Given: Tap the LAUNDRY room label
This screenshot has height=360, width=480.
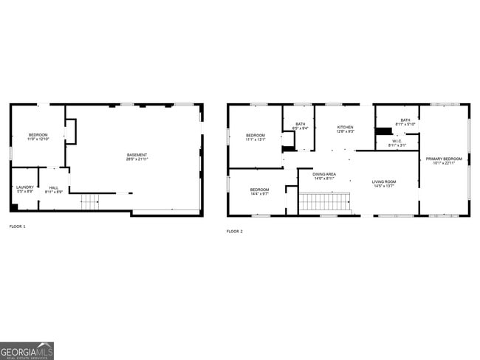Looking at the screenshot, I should [x=25, y=187].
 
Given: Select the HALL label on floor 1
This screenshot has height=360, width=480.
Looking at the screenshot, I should [x=54, y=187].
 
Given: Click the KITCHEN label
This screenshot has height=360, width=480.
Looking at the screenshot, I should [x=346, y=127].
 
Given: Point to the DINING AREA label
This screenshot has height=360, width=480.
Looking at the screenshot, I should [x=324, y=174].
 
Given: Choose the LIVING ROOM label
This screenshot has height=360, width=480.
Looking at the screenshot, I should [x=383, y=181].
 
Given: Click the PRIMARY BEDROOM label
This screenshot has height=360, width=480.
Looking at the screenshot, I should [x=443, y=159].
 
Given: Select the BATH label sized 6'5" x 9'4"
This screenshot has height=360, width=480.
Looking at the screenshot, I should [x=301, y=124].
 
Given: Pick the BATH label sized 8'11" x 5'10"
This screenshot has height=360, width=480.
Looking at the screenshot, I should [x=405, y=120].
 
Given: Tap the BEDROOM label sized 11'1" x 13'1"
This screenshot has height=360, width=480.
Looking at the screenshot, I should [x=256, y=135].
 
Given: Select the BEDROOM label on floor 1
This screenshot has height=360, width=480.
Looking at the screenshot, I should [x=38, y=135].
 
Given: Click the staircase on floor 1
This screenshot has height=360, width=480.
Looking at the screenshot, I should [x=89, y=201].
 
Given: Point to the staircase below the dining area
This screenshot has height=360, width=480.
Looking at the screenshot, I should [x=324, y=201].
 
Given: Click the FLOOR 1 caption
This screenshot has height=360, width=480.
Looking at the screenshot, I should [x=17, y=226].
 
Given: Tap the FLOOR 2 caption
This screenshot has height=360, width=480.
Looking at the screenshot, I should [x=234, y=232].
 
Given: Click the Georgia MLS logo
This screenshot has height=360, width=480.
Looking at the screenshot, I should [x=27, y=350].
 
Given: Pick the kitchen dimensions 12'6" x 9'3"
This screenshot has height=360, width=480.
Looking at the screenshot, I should [x=346, y=132].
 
